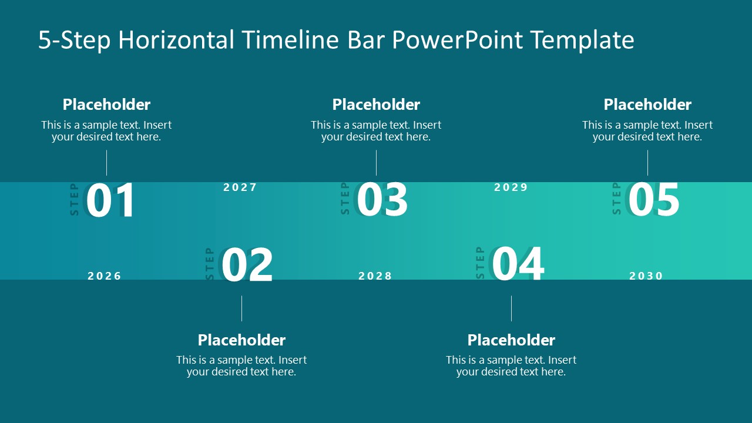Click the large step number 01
point(110,201)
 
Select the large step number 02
point(247,266)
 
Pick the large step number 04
point(518,265)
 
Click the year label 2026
point(105,276)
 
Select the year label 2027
point(240,187)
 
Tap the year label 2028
point(375,276)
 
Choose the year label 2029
point(511,187)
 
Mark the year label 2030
point(646,276)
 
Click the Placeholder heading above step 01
point(106,105)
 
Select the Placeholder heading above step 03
point(376,105)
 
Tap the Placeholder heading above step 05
point(647,105)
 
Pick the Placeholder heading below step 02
point(241,340)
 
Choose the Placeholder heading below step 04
point(511,340)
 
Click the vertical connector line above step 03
point(376,163)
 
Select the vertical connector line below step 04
point(511,308)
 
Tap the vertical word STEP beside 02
point(210,264)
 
